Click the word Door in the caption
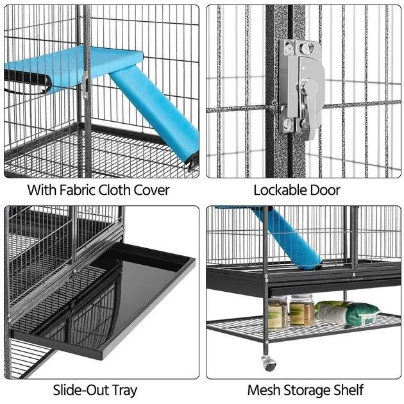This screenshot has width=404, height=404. tap(326, 190)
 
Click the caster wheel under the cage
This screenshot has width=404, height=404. tap(269, 363)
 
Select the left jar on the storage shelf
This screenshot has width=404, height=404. tap(277, 312)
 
